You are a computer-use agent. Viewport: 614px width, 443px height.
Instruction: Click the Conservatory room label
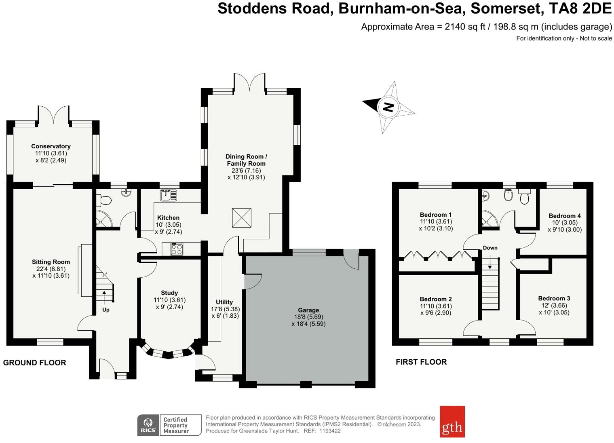pos(51,146)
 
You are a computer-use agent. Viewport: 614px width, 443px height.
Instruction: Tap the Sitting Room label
pos(51,262)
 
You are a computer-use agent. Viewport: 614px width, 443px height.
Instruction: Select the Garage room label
pos(308,310)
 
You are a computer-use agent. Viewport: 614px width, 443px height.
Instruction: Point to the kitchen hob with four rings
pos(177,249)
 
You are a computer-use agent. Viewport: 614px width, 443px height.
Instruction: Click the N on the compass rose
pos(388,107)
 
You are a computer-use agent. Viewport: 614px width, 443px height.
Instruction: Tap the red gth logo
pos(452,422)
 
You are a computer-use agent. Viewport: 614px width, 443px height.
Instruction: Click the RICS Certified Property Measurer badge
pos(169,425)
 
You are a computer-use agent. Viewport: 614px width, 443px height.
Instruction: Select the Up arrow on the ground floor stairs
pos(104,297)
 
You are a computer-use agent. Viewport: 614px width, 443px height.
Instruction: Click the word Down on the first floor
pos(490,248)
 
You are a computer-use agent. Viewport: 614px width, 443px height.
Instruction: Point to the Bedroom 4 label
pos(565,216)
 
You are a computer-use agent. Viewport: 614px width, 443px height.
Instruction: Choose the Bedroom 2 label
pos(436,299)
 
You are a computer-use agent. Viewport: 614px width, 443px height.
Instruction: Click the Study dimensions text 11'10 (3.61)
pos(169,300)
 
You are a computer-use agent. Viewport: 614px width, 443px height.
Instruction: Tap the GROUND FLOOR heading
pos(34,363)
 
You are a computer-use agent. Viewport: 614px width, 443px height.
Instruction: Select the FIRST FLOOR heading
pos(421,362)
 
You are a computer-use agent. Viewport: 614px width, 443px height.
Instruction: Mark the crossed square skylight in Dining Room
pos(241,218)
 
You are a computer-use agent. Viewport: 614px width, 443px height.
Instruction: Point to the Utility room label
pos(224,302)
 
